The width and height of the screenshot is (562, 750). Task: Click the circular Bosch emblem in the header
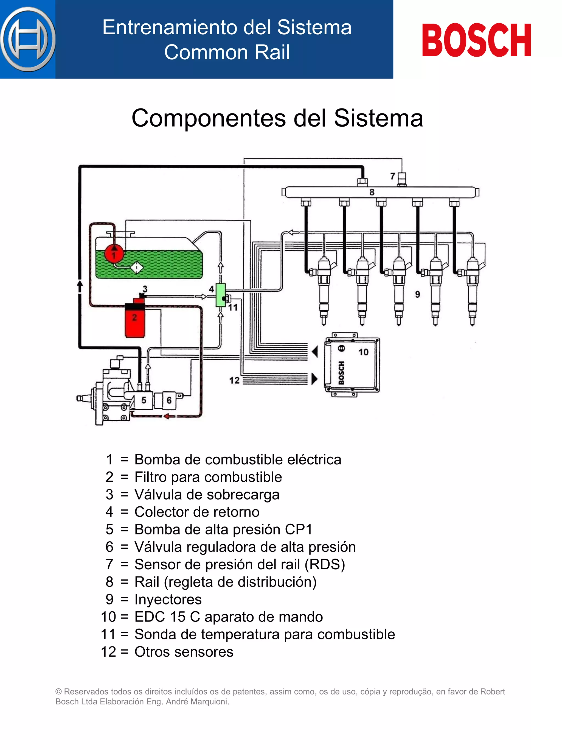coord(28,39)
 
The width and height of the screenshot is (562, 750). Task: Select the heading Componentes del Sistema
coord(277,118)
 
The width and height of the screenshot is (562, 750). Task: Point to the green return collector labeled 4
coord(221,295)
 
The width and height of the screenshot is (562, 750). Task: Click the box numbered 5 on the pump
coord(144,400)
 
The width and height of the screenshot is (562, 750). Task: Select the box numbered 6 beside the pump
coord(169,400)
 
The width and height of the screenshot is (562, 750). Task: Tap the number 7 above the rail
coord(393,176)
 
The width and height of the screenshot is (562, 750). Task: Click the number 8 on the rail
coord(372,192)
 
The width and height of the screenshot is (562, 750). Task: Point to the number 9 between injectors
coord(417,294)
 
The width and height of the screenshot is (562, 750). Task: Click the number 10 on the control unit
coord(364,352)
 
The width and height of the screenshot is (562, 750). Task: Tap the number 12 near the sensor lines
coord(234,380)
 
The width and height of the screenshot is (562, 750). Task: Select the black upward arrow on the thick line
coord(80,286)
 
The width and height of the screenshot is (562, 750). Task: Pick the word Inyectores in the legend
coord(168,600)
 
